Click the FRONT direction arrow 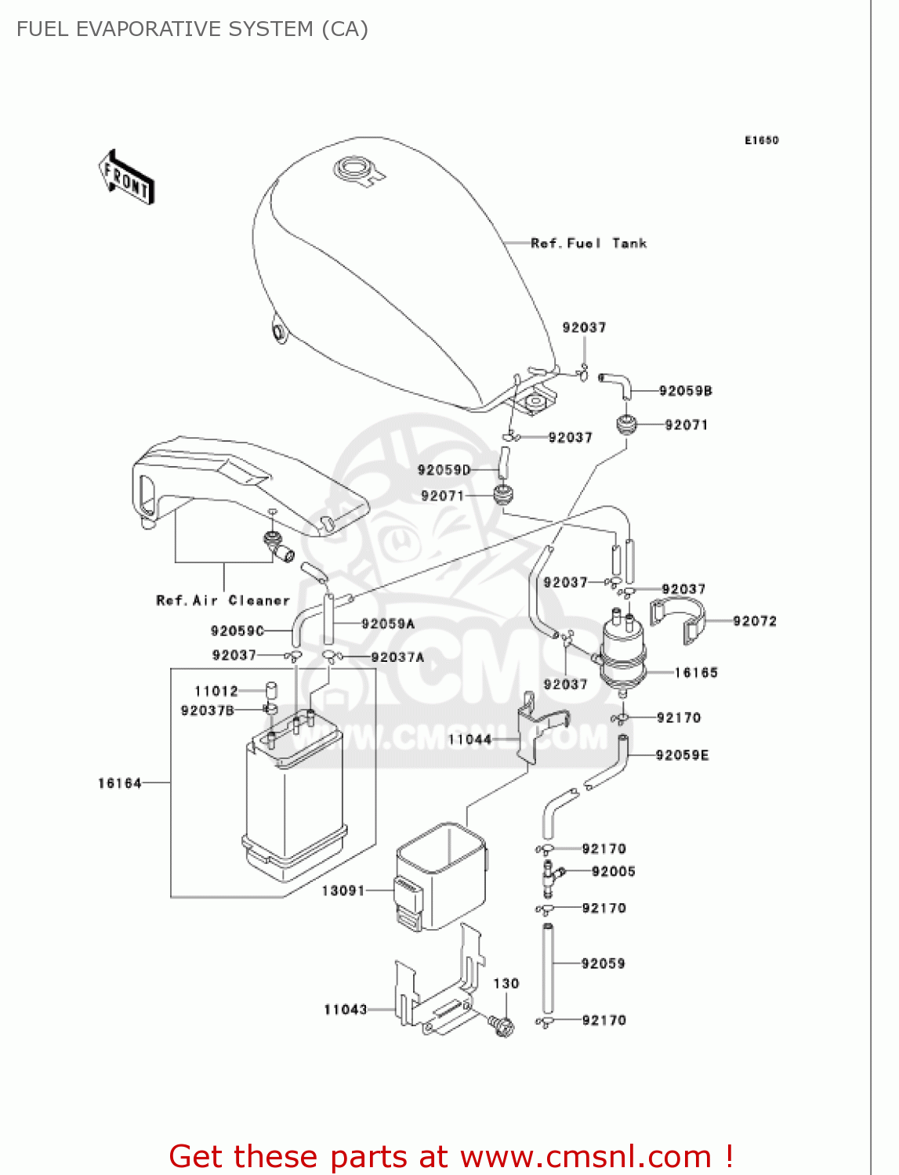point(126,178)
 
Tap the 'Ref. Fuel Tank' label point(589,244)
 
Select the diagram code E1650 point(761,140)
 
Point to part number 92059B point(685,391)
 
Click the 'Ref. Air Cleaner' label point(223,601)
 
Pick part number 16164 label point(120,783)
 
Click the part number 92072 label point(754,621)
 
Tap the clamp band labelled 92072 point(679,619)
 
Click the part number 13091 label point(343,891)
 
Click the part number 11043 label point(346,1010)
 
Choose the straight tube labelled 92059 point(547,968)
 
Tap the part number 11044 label point(469,739)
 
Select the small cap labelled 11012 point(271,690)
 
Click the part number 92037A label point(397,657)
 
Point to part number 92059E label point(682,755)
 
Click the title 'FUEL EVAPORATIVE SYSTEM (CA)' point(192,29)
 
